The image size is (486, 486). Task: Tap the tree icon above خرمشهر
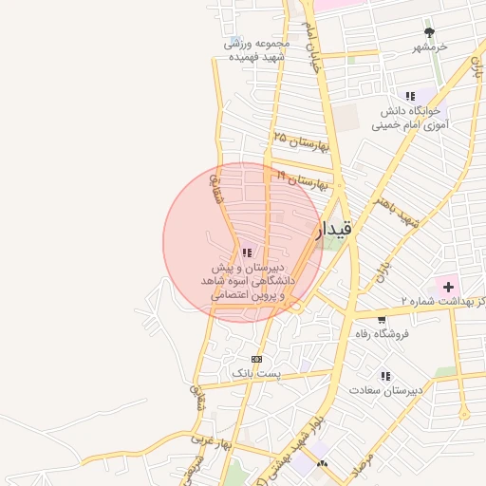pyautogui.click(x=429, y=31)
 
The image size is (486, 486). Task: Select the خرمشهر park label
pyautogui.click(x=430, y=47)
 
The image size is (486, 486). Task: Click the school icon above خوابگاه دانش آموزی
pyautogui.click(x=410, y=96)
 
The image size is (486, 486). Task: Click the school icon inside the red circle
pyautogui.click(x=247, y=252)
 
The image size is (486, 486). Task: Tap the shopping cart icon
pyautogui.click(x=382, y=320)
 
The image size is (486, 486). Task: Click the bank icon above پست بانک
pyautogui.click(x=256, y=359)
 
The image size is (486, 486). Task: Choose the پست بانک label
pyautogui.click(x=256, y=374)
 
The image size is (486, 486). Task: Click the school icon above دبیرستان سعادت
pyautogui.click(x=385, y=376)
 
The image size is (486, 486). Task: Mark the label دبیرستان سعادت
pyautogui.click(x=386, y=391)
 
